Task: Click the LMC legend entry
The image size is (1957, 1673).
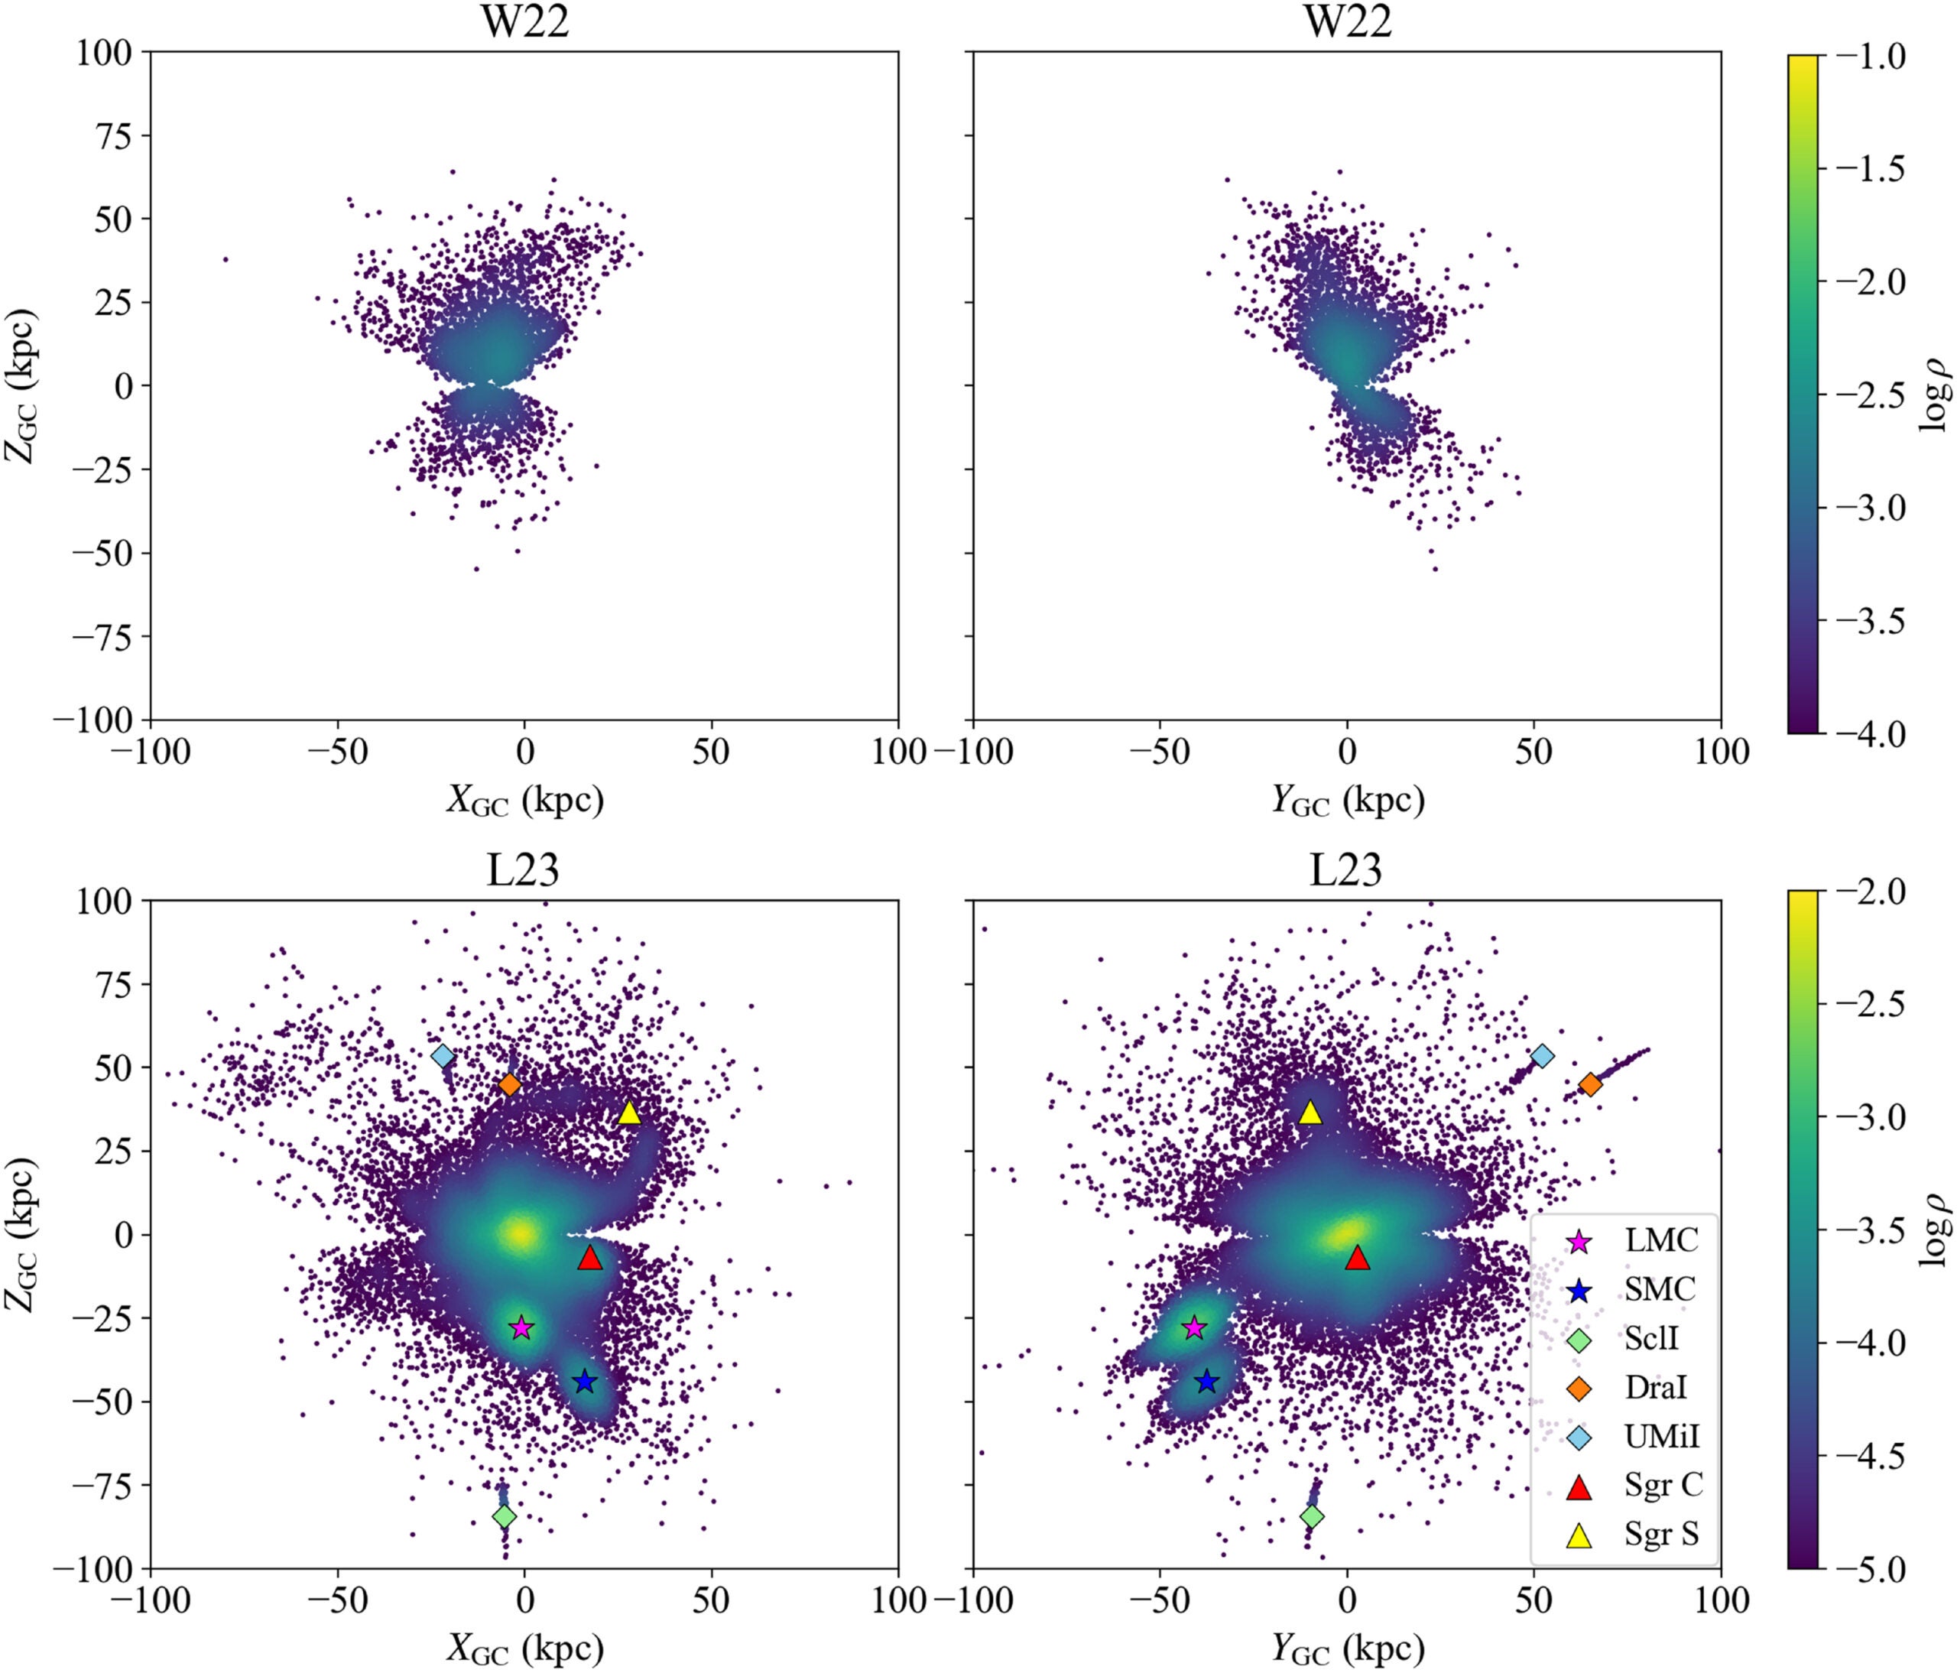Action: (x=1660, y=1239)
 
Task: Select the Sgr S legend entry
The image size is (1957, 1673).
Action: (x=1660, y=1534)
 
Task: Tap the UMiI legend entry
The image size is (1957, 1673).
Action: (x=1660, y=1436)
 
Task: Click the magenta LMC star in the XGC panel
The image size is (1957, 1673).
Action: (x=521, y=1328)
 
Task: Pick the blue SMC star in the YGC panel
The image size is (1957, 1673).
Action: (x=1206, y=1382)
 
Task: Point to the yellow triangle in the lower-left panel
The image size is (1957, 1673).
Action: (x=629, y=1115)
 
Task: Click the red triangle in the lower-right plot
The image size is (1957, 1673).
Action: (x=1357, y=1259)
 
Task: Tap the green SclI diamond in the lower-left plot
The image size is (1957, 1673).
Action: (x=505, y=1516)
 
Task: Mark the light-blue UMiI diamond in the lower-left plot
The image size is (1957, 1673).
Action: (x=443, y=1056)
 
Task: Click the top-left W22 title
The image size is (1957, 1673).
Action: (x=525, y=21)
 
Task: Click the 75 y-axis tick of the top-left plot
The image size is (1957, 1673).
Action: (x=108, y=135)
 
